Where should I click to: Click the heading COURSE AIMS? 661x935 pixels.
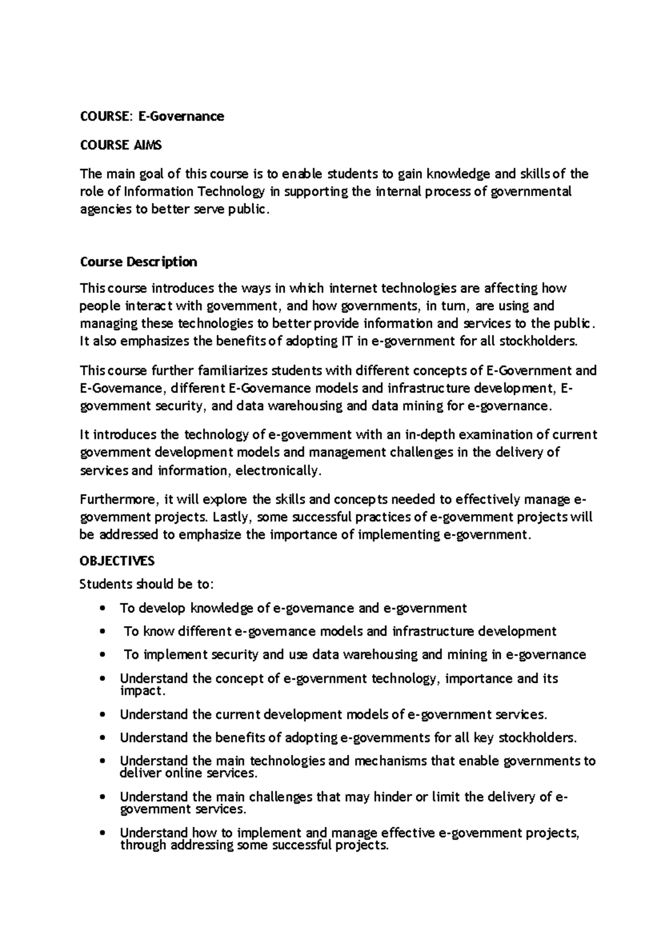pyautogui.click(x=121, y=145)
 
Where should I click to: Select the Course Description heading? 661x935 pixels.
pyautogui.click(x=138, y=262)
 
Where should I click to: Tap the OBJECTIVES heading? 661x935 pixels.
pyautogui.click(x=117, y=561)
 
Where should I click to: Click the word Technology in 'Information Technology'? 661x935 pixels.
pyautogui.click(x=231, y=192)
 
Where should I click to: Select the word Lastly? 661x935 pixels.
pyautogui.click(x=232, y=518)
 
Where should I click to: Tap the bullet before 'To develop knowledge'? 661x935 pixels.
pyautogui.click(x=101, y=608)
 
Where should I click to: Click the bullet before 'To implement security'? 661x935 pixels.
pyautogui.click(x=101, y=655)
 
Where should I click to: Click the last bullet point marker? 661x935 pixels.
pyautogui.click(x=101, y=834)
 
